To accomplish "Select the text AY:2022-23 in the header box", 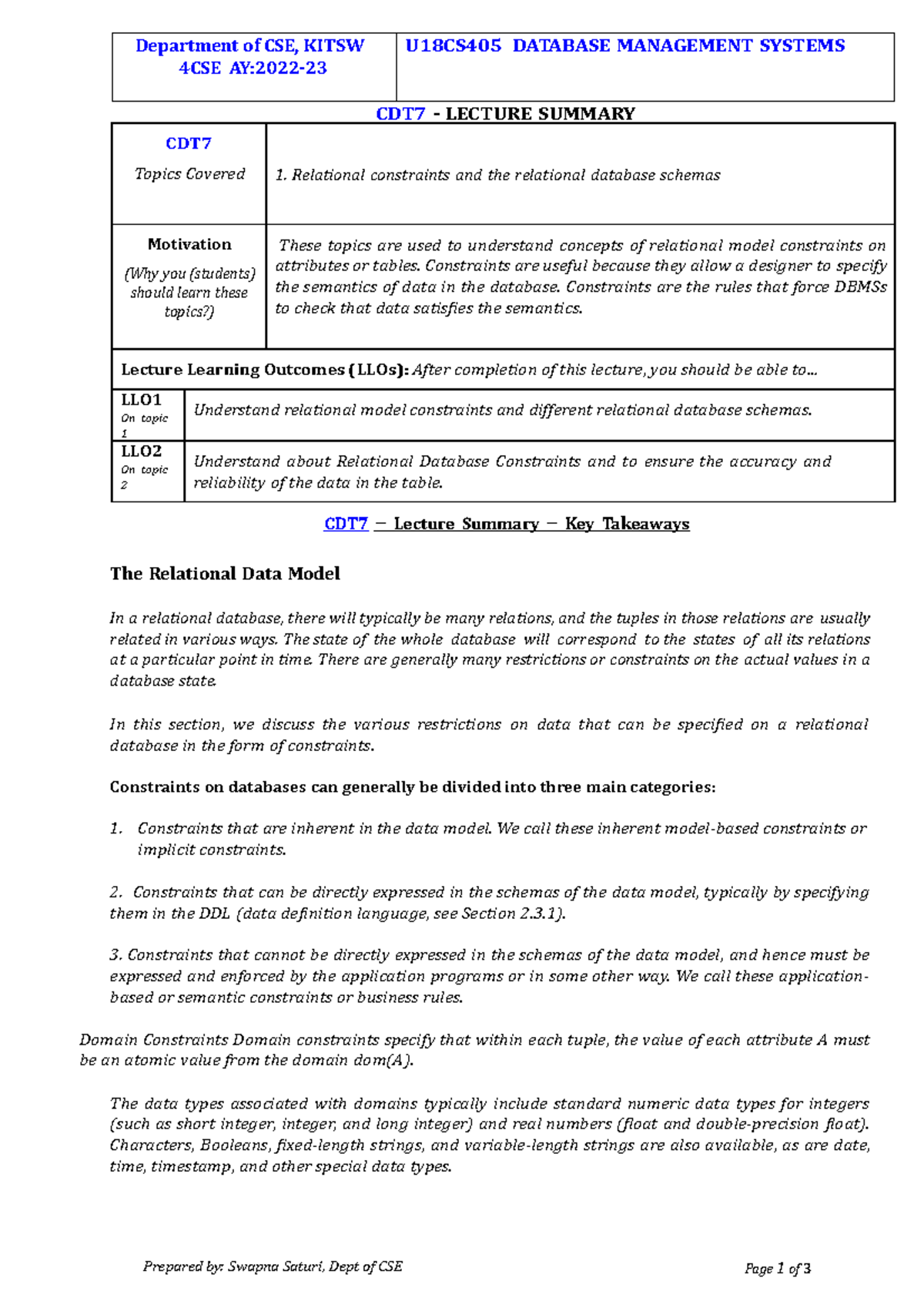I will (278, 69).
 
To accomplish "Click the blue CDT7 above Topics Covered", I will (189, 144).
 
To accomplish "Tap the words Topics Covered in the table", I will (189, 174).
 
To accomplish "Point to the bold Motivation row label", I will (189, 245).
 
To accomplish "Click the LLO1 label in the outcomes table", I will (141, 401).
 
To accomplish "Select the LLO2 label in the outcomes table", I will (141, 451).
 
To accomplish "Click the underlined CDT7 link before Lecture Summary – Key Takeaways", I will (346, 525).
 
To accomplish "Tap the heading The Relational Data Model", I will (225, 574).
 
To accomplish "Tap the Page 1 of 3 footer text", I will (777, 1269).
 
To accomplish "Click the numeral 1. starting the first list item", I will (116, 829).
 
